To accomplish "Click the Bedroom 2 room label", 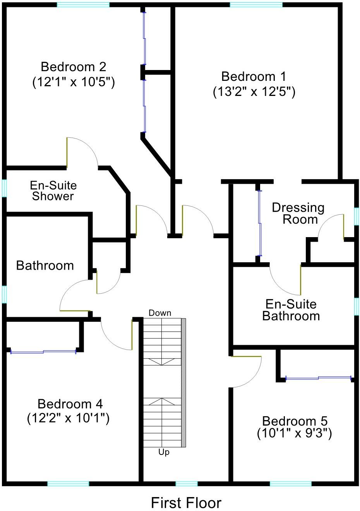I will click(x=73, y=67).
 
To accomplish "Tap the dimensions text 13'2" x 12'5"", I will click(x=254, y=92).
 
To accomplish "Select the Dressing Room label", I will click(x=298, y=213).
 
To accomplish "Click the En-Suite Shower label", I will click(x=53, y=191).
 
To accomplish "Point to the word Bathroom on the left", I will click(x=45, y=265).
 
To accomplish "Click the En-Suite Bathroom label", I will click(x=291, y=310).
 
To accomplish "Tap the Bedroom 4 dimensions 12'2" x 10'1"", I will click(x=68, y=418).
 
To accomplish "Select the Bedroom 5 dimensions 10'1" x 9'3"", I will click(x=294, y=433).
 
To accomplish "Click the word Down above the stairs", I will click(x=160, y=313).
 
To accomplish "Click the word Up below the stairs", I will click(x=164, y=452).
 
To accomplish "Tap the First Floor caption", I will click(x=186, y=503).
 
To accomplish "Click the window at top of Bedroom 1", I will click(x=256, y=5).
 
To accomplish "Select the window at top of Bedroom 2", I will click(x=83, y=5).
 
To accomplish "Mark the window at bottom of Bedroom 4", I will click(x=68, y=483).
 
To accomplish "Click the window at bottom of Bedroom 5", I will click(x=290, y=483).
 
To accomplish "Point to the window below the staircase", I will click(x=187, y=483).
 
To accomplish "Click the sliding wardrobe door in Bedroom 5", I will click(x=318, y=378).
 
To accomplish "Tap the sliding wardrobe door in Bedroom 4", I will click(x=43, y=352).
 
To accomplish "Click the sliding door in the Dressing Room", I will click(x=259, y=223).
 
